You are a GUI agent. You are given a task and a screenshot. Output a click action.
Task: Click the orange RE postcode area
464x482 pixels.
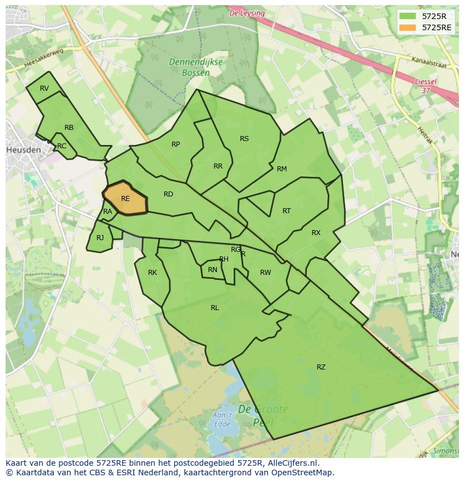(125, 198)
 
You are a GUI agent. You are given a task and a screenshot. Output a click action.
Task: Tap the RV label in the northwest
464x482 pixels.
(44, 88)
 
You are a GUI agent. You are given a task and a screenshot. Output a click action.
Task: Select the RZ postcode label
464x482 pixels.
(321, 367)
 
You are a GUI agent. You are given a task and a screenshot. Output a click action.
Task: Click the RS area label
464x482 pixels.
(244, 139)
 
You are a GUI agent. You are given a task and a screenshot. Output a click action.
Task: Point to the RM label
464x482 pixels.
(281, 169)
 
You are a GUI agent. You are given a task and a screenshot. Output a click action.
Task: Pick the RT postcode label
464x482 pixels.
(286, 211)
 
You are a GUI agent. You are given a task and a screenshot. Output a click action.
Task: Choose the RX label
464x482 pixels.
(316, 233)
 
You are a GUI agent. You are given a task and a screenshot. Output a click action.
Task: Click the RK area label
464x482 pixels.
(152, 273)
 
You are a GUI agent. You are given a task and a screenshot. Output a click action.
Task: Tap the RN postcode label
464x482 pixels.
(212, 270)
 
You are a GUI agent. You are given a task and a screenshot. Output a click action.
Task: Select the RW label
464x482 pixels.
(265, 273)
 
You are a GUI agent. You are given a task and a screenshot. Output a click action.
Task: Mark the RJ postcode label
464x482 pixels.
(100, 238)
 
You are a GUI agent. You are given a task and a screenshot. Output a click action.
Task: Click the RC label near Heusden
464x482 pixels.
(62, 146)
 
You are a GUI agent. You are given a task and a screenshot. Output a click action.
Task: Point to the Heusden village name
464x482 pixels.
(23, 151)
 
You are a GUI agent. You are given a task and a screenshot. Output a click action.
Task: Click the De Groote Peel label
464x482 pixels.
(263, 415)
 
